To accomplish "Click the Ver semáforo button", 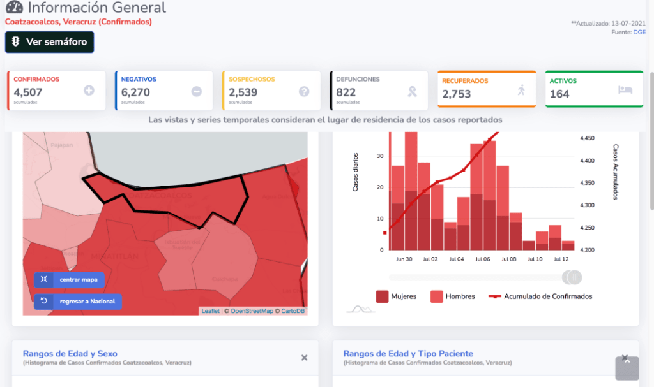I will pos(50,42).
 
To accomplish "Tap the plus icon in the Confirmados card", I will pos(89,91).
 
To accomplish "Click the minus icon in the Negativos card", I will pos(196,91).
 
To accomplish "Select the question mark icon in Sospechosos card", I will pos(304,91).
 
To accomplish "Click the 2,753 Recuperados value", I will pos(456,94).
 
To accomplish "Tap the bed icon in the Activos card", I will pos(625,90).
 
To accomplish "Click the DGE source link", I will pos(639,32).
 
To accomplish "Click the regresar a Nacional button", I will pos(78,301).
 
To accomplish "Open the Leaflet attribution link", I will pos(210,311).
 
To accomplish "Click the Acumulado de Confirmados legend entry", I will pos(540,296).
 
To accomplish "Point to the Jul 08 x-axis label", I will pos(509,259).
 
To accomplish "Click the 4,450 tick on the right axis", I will pos(587,138).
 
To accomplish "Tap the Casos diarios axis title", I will pos(356,173).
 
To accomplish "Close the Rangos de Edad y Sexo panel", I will pos(305,358).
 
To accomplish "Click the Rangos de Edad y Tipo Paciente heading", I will pos(408,354).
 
